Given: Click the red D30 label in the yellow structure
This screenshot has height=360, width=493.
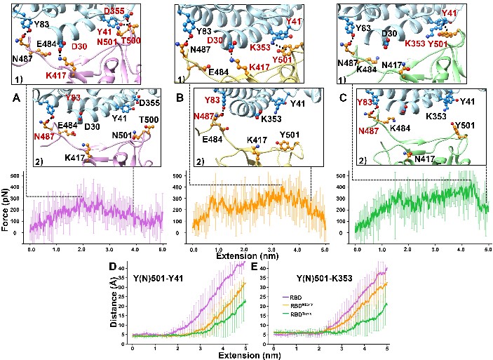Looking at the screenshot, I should tap(215, 41).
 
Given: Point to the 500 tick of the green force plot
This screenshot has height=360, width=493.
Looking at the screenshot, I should tap(344, 175).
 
